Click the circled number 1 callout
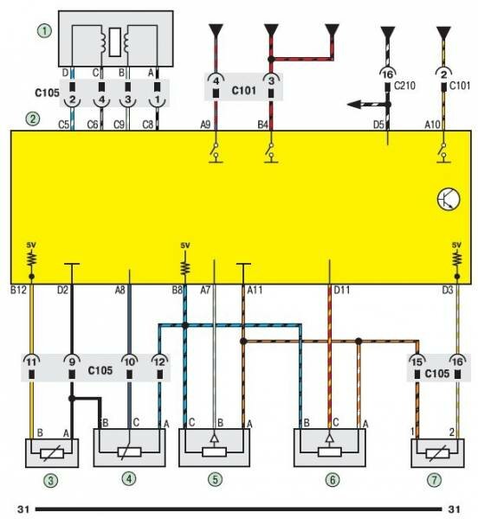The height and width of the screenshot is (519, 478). [44, 31]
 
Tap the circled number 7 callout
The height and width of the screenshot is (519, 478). [434, 480]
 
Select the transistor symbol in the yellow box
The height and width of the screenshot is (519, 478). [449, 199]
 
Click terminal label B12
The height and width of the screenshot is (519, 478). [18, 290]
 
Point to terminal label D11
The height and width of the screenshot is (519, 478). [341, 291]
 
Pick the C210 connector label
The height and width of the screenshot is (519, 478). [404, 86]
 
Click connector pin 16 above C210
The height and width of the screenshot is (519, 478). [388, 74]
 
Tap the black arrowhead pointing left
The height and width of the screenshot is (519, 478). [354, 105]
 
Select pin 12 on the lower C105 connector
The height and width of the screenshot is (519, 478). [159, 362]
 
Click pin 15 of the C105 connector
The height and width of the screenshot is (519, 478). [417, 362]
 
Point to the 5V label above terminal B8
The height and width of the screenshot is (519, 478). [185, 246]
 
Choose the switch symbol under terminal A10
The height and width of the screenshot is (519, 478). [443, 152]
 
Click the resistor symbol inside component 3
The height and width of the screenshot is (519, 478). [52, 453]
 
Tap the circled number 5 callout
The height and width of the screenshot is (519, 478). [215, 479]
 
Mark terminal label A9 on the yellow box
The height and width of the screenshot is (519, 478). [205, 125]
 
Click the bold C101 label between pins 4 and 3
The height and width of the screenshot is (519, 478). [244, 90]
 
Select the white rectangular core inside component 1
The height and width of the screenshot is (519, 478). [115, 42]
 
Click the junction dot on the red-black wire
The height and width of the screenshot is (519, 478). [271, 60]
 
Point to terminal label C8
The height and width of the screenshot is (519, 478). [148, 125]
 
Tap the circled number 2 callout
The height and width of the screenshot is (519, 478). [33, 119]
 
